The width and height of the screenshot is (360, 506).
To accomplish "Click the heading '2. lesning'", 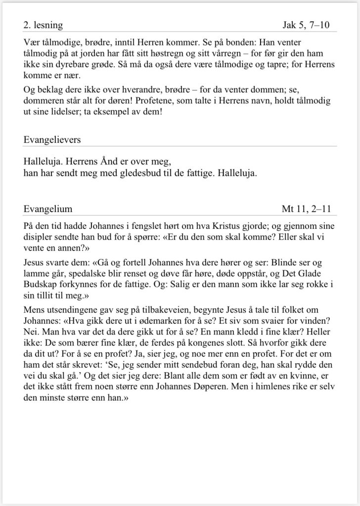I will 43,24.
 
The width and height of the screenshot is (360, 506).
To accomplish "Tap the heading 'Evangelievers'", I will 52,140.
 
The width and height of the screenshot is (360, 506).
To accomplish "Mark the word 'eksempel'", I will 114,111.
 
